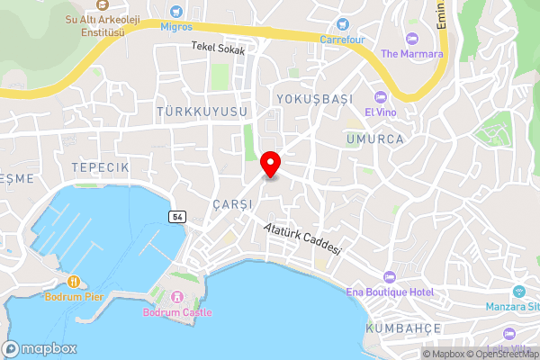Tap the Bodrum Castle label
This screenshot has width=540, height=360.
point(176,312)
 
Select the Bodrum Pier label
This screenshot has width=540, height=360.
point(76,296)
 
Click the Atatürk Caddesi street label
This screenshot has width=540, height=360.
point(303,238)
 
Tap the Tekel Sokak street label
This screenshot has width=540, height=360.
point(217,50)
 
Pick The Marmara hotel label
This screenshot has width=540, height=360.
point(412,53)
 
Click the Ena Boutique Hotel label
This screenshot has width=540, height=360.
point(390,292)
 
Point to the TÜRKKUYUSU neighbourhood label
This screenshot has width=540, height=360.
point(202,111)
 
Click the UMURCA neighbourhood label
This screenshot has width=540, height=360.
point(373,139)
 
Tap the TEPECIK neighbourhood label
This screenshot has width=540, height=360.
point(102,167)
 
